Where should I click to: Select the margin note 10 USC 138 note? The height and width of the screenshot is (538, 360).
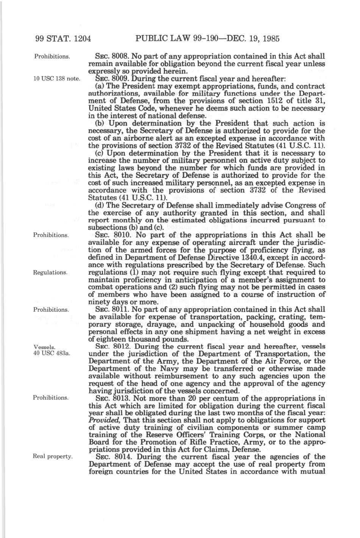pos(57,79)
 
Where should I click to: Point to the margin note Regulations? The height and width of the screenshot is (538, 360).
pos(50,272)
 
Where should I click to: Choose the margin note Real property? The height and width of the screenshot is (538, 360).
pos(53,456)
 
